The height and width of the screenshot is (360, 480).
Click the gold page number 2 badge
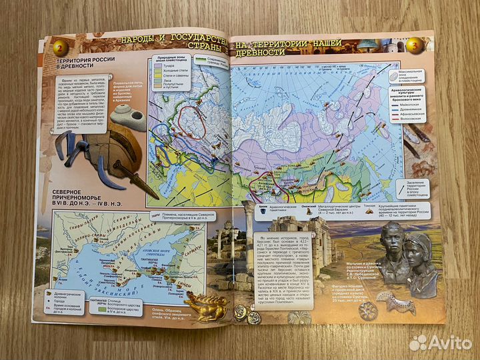click(x=60, y=47)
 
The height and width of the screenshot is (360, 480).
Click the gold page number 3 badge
click(x=415, y=46)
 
